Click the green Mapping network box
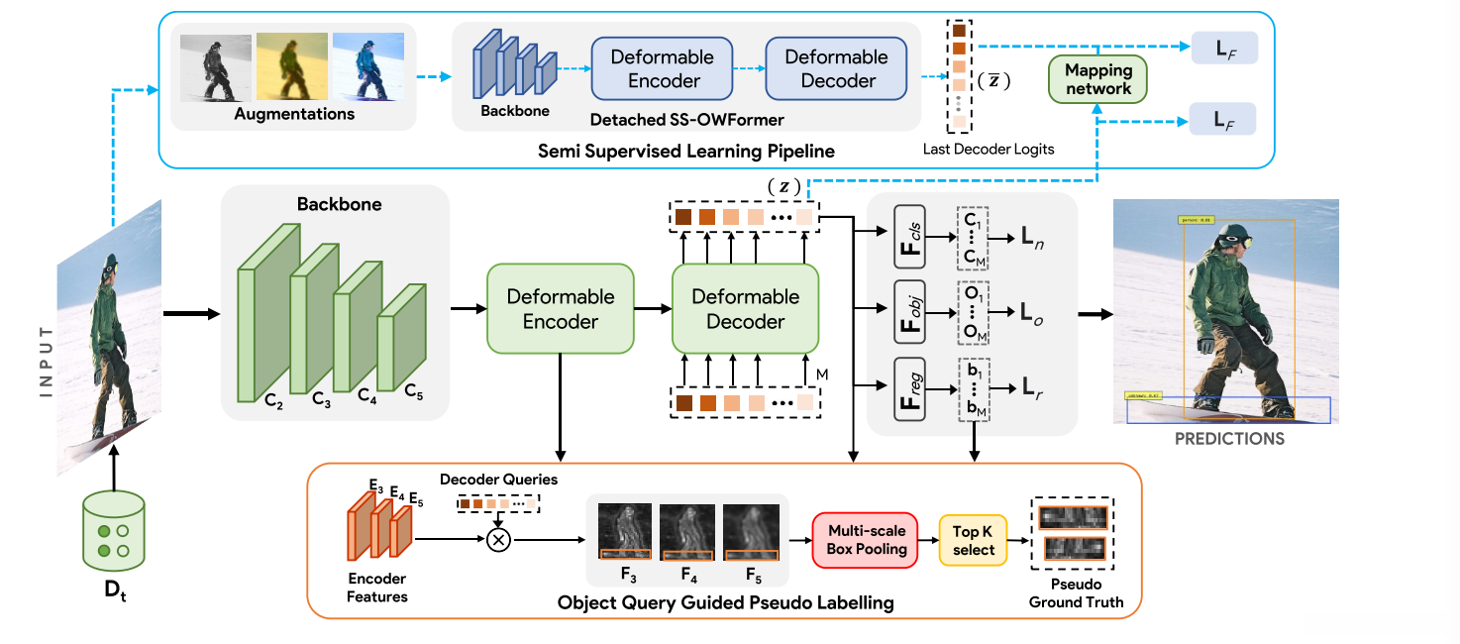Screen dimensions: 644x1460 point(1097,79)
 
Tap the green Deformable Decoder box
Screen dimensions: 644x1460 point(745,308)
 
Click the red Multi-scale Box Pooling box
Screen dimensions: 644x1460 point(868,540)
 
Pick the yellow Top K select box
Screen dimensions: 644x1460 point(973,540)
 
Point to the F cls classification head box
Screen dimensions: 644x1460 point(908,239)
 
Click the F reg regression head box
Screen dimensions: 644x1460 point(908,388)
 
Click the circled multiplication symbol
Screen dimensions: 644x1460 point(500,540)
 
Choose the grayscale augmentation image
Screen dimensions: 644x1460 point(214,67)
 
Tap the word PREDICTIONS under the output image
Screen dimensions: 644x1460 point(1229,438)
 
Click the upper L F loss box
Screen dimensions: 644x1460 point(1224,49)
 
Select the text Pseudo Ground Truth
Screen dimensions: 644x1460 point(1076,592)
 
